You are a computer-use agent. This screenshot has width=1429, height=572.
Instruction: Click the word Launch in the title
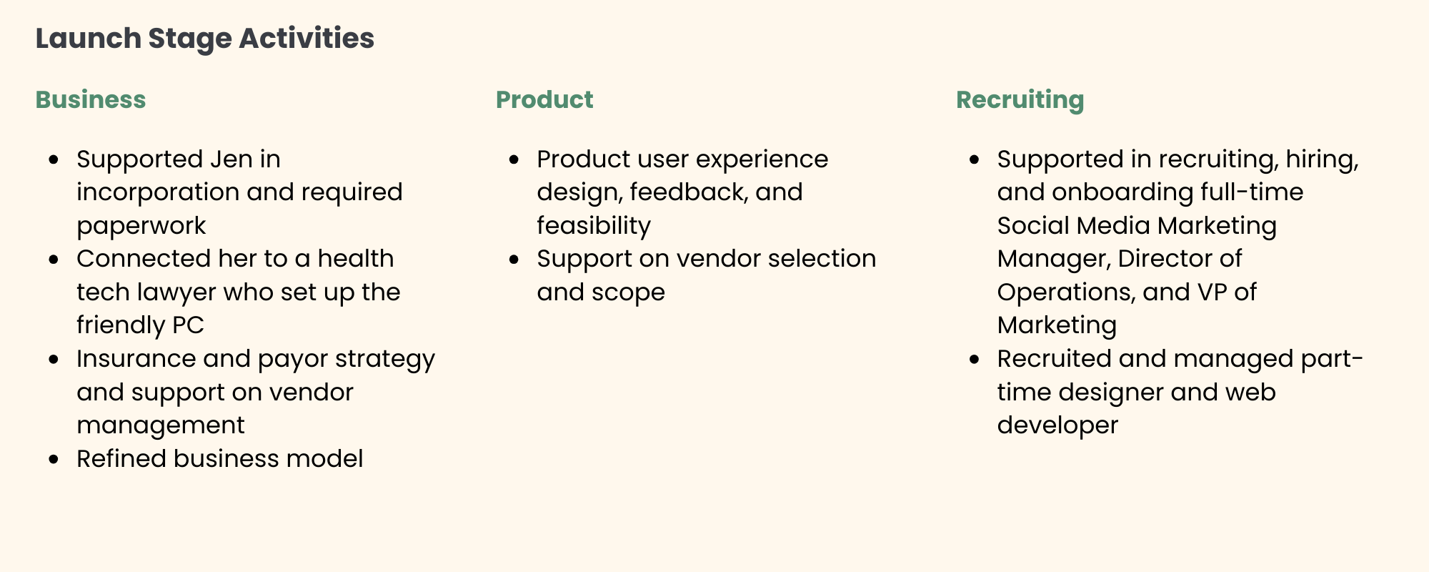point(88,39)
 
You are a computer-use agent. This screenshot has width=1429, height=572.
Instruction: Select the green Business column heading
point(91,100)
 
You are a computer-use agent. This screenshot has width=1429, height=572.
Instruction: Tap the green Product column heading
point(544,100)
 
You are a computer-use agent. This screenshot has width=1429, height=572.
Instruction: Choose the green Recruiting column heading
point(1020,100)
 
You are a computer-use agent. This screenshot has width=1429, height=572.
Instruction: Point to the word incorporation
point(158,192)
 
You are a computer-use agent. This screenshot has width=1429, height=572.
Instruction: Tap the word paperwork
point(141,226)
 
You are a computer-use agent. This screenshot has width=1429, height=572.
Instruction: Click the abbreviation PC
point(189,325)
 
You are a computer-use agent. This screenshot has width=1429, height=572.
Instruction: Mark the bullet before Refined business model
point(54,459)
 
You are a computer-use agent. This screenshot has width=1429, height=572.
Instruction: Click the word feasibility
point(594,226)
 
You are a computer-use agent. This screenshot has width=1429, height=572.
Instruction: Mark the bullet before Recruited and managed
point(975,359)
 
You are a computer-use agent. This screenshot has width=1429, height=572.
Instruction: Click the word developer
point(1057,425)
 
